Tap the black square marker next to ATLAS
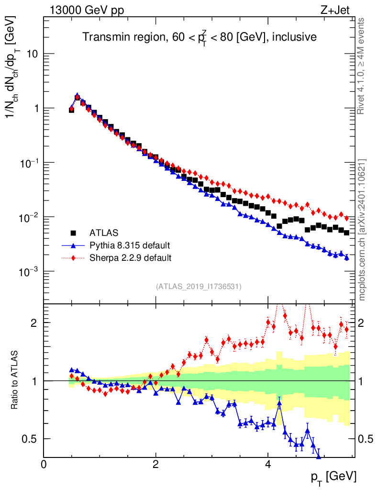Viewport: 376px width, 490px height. (73, 233)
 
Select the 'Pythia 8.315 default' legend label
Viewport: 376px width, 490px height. (130, 245)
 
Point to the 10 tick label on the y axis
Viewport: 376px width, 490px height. (33, 54)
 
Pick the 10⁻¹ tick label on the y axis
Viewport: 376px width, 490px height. (29, 163)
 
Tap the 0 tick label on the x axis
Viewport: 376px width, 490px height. (44, 464)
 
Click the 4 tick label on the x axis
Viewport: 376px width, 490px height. (268, 464)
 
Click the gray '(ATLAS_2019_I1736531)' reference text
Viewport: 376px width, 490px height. (199, 287)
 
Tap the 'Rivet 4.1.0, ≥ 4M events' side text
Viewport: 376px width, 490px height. (362, 66)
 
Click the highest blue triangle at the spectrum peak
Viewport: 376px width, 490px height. (77, 96)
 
